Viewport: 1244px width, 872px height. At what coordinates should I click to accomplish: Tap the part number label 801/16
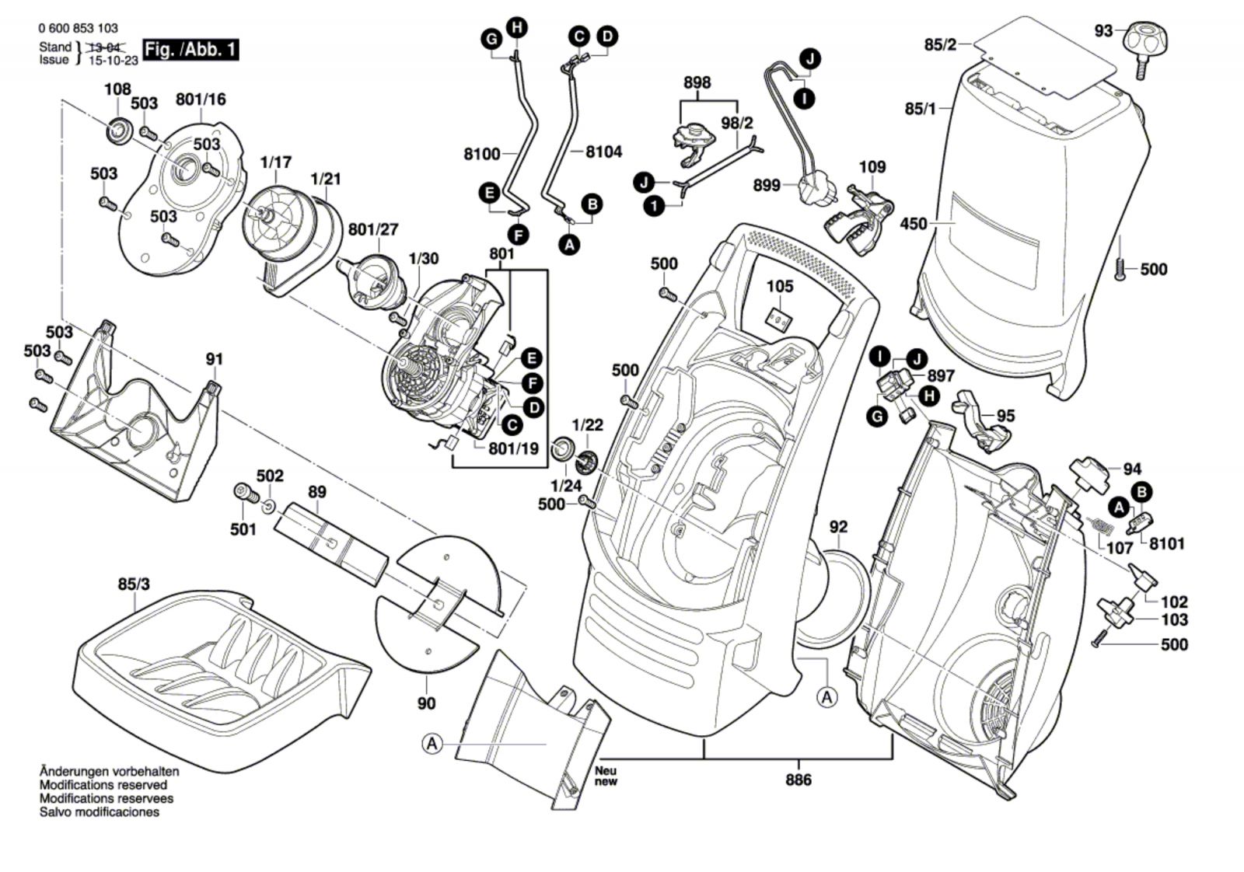click(x=201, y=99)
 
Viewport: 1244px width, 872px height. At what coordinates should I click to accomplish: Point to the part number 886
click(x=798, y=780)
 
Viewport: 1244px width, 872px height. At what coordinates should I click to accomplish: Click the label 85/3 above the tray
click(x=134, y=584)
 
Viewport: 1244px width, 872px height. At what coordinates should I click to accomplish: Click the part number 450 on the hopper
click(x=914, y=224)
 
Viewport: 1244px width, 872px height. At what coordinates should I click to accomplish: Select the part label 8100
click(x=482, y=154)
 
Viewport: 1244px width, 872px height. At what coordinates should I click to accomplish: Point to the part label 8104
click(x=603, y=152)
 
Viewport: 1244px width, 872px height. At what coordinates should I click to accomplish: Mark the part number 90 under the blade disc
click(x=427, y=703)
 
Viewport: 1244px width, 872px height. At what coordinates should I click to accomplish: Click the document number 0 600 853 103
click(x=78, y=28)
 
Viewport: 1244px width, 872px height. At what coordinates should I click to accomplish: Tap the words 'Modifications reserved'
click(x=103, y=785)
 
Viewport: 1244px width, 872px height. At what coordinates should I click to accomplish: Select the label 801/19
click(x=513, y=448)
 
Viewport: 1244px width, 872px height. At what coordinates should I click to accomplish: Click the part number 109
click(x=872, y=167)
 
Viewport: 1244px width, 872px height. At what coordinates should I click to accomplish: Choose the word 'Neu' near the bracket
click(x=606, y=771)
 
